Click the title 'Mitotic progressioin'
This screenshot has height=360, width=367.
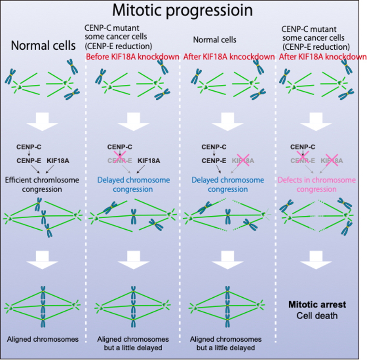183,10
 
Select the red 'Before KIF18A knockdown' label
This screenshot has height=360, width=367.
133,57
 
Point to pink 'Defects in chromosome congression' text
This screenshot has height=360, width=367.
316,184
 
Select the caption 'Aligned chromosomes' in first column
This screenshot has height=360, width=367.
43,339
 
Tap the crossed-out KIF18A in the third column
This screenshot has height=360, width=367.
243,161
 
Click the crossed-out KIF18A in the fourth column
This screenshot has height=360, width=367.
332,161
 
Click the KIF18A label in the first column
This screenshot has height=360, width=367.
58,161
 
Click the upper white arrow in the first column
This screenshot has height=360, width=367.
43,120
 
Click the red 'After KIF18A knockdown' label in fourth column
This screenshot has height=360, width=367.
323,57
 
